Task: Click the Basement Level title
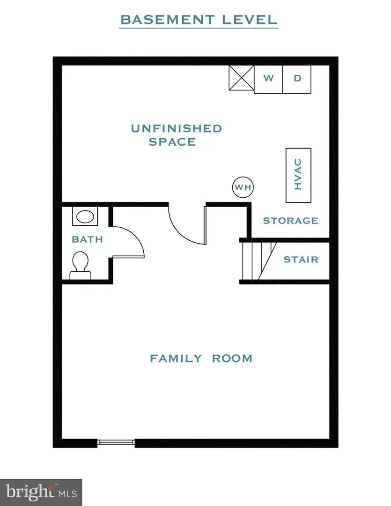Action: pyautogui.click(x=199, y=20)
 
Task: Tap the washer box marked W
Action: pyautogui.click(x=268, y=79)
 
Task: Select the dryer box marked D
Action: pyautogui.click(x=297, y=79)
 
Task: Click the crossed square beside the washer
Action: pyautogui.click(x=241, y=78)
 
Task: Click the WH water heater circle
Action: pyautogui.click(x=243, y=187)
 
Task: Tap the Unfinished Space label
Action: pyautogui.click(x=176, y=134)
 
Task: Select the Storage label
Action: pyautogui.click(x=290, y=220)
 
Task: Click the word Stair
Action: pyautogui.click(x=301, y=259)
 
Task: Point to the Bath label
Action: pyautogui.click(x=87, y=239)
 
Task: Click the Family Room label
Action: pyautogui.click(x=201, y=358)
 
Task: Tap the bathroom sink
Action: pyautogui.click(x=85, y=216)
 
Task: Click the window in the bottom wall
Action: pyautogui.click(x=116, y=442)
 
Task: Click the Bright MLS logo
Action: pyautogui.click(x=41, y=492)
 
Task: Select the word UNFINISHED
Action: pyautogui.click(x=176, y=128)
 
